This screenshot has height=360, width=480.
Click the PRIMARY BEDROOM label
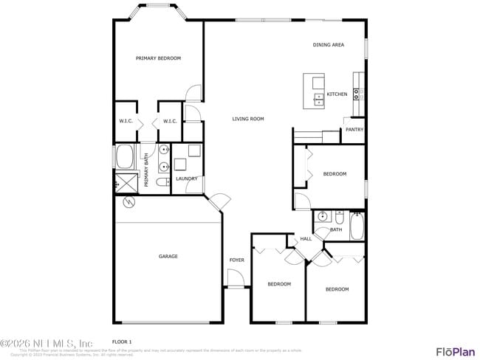[158, 58]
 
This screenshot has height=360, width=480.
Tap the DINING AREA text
[328, 45]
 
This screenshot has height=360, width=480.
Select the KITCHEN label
[337, 94]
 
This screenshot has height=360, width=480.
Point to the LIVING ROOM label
[248, 119]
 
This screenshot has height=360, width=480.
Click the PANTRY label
[354, 130]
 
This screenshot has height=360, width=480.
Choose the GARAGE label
[168, 257]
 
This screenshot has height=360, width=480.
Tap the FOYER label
[236, 260]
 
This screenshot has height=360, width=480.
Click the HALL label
[306, 239]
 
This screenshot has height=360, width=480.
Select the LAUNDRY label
[186, 179]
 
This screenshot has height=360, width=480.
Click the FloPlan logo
[455, 351]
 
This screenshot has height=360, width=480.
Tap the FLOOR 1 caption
[122, 342]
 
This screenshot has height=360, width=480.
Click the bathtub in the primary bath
[124, 157]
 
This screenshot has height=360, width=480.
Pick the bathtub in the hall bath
[357, 226]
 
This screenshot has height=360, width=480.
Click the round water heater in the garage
[129, 201]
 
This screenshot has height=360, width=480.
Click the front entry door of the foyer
[235, 280]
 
